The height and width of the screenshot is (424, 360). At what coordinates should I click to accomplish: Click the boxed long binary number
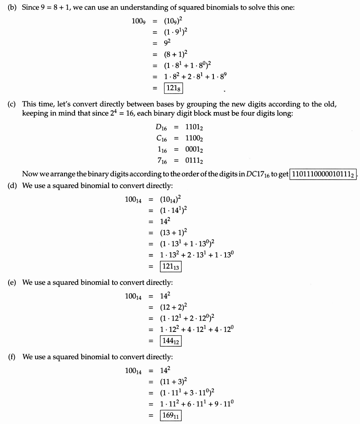[323, 174]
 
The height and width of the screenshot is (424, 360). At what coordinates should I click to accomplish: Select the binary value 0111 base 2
[194, 160]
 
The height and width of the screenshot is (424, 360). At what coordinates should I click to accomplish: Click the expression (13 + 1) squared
[173, 233]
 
